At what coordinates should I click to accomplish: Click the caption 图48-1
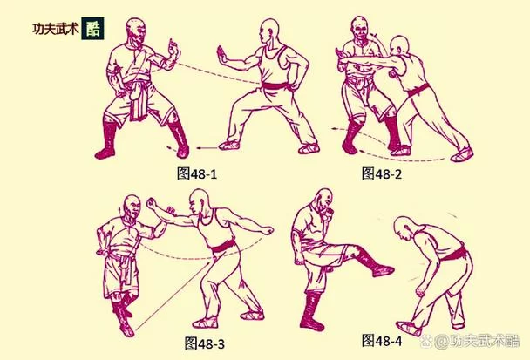click(x=197, y=173)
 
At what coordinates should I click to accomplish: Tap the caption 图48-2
click(x=382, y=173)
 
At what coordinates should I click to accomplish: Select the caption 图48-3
click(x=205, y=343)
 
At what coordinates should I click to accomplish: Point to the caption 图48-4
click(x=382, y=341)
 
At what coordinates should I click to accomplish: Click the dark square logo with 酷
click(x=92, y=29)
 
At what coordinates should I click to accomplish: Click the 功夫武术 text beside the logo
click(x=56, y=29)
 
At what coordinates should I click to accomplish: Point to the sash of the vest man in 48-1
click(x=277, y=86)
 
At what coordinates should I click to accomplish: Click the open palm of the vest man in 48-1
click(x=222, y=56)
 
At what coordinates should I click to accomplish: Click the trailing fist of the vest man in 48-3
click(x=268, y=230)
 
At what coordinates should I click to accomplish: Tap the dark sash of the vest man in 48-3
click(x=224, y=248)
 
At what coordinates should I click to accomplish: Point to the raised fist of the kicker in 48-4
click(x=327, y=214)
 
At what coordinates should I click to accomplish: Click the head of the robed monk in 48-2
click(x=360, y=30)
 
